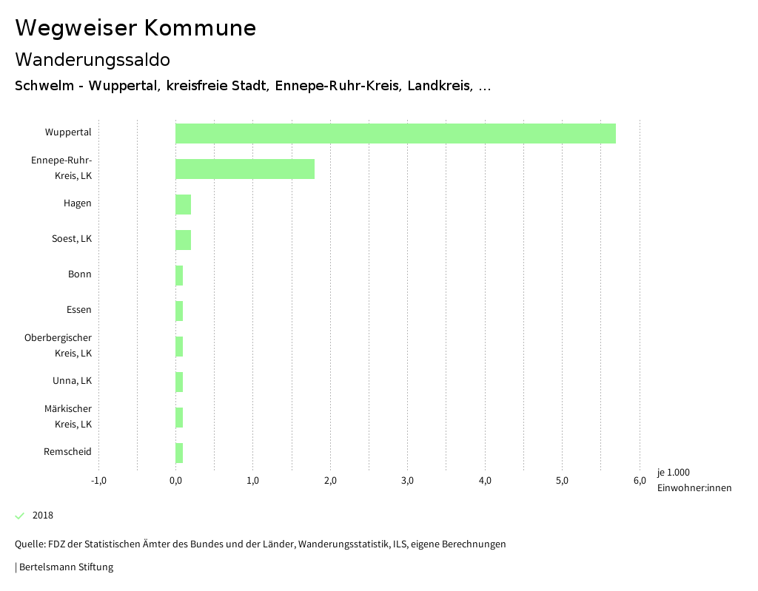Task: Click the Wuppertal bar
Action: coord(395,133)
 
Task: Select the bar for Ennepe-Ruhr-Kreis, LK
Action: coord(245,169)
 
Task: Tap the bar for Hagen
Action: coord(183,204)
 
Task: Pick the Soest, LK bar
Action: coord(183,240)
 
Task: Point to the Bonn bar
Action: coord(179,275)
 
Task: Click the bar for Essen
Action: coord(179,311)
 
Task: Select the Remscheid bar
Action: coord(179,453)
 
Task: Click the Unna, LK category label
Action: coord(72,381)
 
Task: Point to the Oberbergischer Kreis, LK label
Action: coord(58,345)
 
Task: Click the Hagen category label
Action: coord(77,203)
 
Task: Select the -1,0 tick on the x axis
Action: coord(98,481)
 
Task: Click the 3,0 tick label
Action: coord(407,481)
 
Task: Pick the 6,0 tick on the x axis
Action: coord(639,481)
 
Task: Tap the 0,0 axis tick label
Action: coord(175,481)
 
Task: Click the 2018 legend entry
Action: coord(42,516)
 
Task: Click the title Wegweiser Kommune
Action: coord(135,28)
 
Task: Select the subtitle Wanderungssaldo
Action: coord(93,59)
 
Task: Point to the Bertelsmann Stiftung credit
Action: coord(65,567)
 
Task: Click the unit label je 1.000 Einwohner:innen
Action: coord(694,480)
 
